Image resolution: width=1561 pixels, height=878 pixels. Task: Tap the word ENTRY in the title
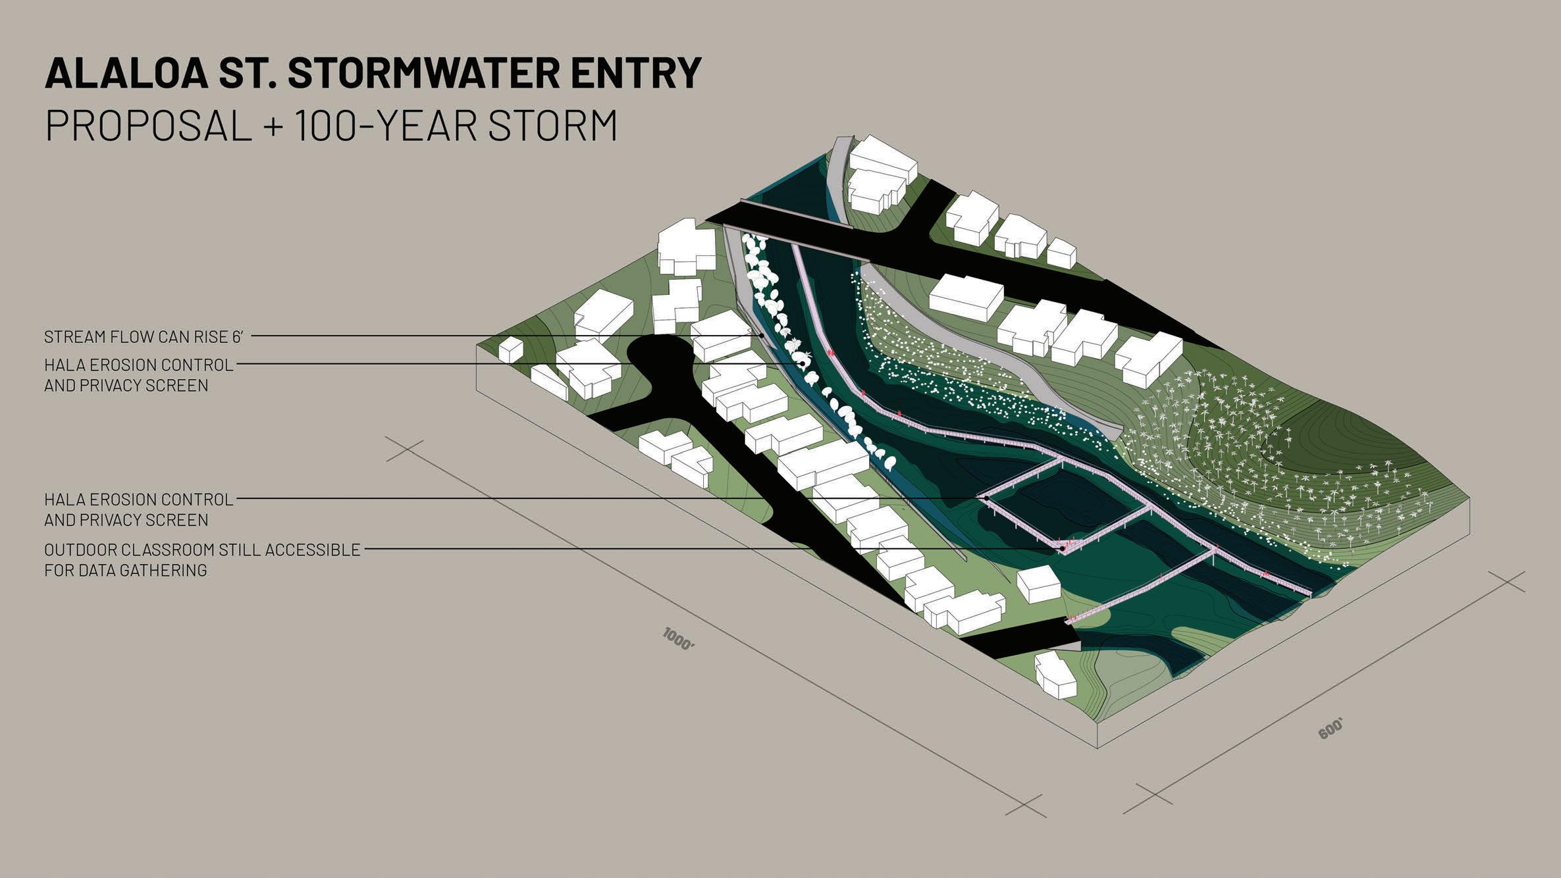635,73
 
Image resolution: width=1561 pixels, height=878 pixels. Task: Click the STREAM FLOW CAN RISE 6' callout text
144,337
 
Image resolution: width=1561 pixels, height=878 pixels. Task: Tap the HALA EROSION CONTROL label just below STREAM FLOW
139,365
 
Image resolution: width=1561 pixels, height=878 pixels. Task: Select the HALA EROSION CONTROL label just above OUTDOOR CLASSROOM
139,500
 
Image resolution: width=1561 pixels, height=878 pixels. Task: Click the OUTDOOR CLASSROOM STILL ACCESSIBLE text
202,550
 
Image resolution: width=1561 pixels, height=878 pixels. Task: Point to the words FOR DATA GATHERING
126,571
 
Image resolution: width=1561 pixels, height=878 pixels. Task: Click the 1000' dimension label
679,640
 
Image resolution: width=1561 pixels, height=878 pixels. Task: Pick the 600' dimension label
1330,729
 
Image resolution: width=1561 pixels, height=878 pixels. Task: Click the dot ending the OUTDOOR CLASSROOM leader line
1063,548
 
